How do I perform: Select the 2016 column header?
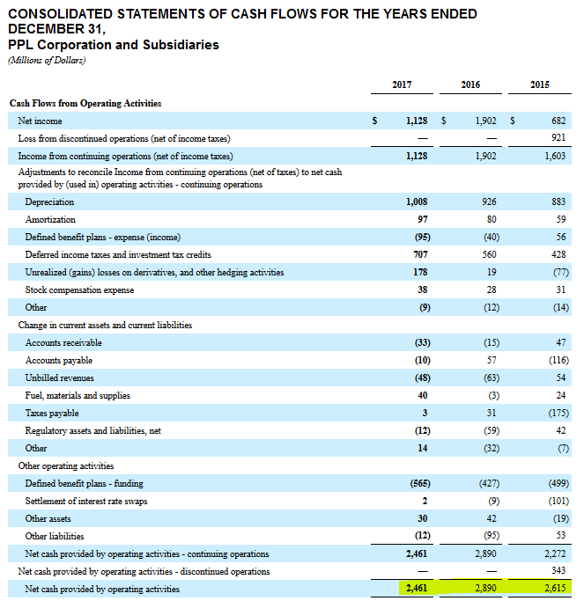tap(470, 84)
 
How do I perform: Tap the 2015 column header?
tap(540, 84)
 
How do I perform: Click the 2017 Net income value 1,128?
tap(417, 121)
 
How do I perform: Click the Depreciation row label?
tap(49, 202)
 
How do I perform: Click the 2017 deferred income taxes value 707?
tap(420, 254)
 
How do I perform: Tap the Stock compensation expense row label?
tap(79, 290)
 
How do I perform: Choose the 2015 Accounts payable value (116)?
tap(555, 360)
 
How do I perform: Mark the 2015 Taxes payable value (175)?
tap(555, 413)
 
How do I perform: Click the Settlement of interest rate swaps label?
tap(86, 501)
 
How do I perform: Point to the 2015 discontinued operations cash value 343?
tap(558, 571)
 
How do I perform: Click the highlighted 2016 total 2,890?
tap(484, 589)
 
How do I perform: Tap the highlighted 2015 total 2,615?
tap(553, 589)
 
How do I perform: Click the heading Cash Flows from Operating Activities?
tap(85, 103)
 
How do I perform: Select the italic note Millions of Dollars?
tap(47, 60)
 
